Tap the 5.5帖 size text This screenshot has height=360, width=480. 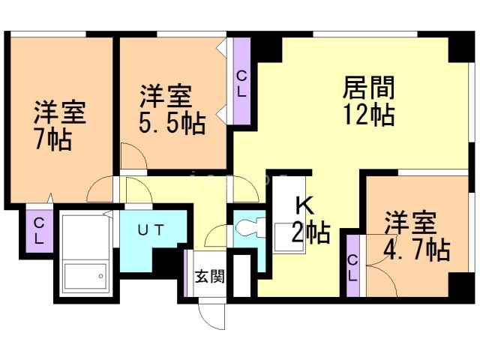tap(172, 124)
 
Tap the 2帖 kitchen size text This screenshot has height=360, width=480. tap(310, 233)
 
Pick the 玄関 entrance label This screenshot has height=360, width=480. tap(210, 276)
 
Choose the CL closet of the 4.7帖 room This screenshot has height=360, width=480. tap(353, 266)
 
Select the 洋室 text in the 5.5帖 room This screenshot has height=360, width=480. tap(166, 97)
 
